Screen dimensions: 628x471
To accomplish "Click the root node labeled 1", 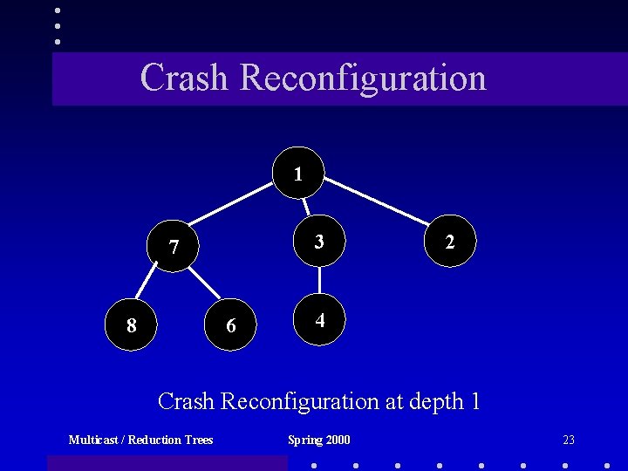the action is point(298,174).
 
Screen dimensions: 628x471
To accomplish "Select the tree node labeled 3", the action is point(319,242).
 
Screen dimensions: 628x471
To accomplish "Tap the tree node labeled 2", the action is point(449,242).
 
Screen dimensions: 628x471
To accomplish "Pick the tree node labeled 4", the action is point(320,320).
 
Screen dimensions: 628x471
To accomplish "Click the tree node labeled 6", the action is point(230,325).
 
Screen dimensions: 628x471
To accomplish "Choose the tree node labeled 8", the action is point(131,325).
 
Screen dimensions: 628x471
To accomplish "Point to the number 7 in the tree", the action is point(174,248).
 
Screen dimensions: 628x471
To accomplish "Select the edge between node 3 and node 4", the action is point(320,281).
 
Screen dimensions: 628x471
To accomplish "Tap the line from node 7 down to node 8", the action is point(150,283).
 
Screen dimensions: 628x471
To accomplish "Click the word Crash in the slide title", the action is point(184,77).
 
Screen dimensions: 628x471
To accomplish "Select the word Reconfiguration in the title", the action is point(362,77).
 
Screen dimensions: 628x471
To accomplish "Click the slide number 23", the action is point(569,440).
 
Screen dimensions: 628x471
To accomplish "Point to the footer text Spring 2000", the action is point(319,440).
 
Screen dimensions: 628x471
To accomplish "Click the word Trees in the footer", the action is point(197,440).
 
